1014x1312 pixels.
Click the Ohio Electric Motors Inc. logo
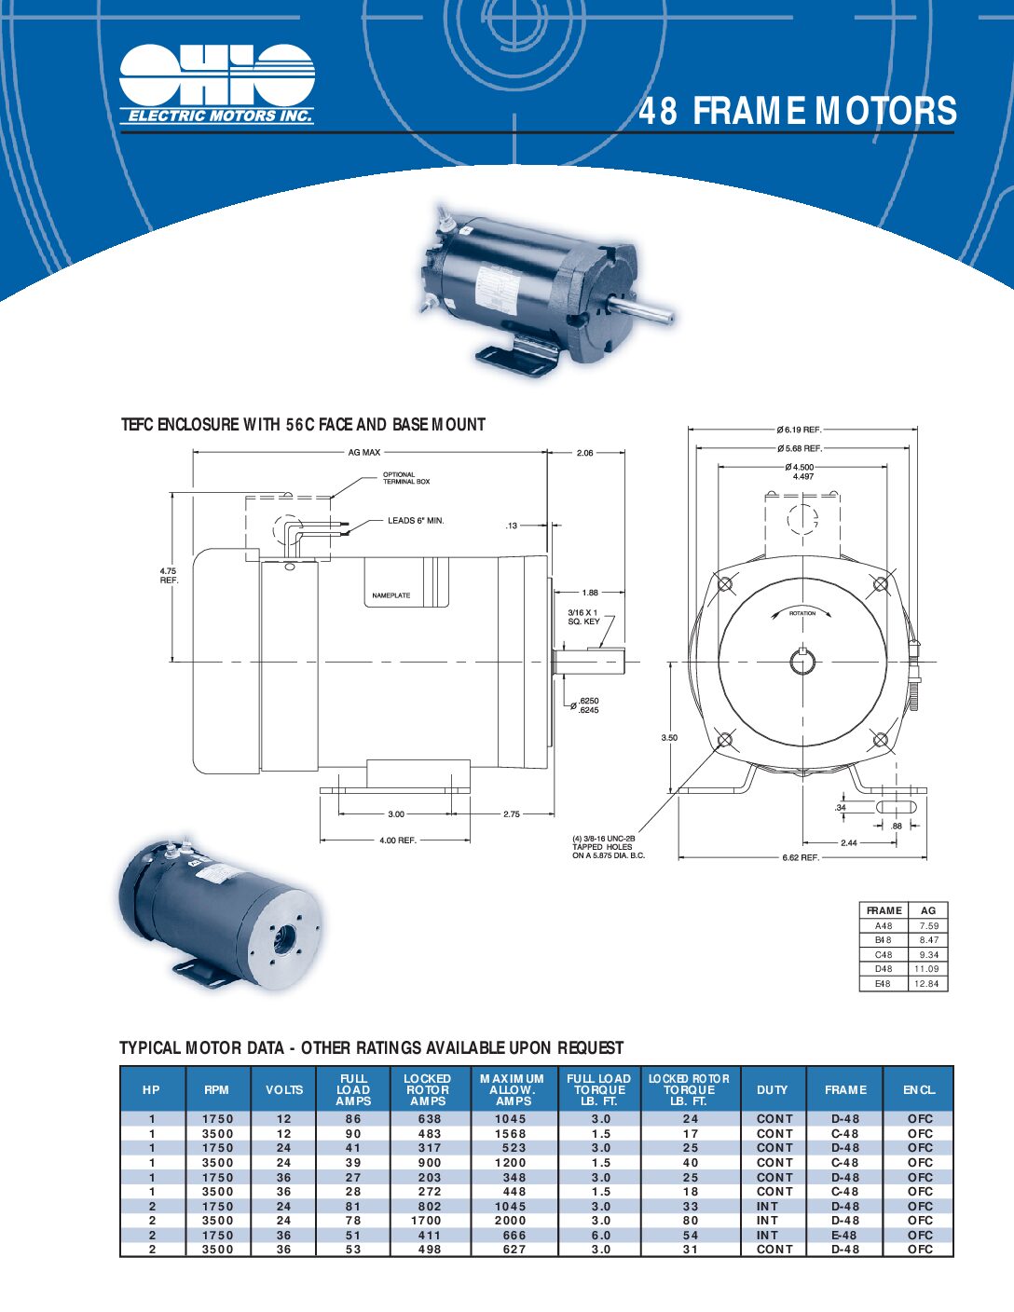click(x=216, y=84)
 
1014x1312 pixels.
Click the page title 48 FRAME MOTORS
click(x=797, y=111)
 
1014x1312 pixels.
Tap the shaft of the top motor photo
click(x=642, y=310)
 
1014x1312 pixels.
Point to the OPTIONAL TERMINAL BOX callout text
click(x=406, y=478)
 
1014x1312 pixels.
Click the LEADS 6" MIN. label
click(x=416, y=521)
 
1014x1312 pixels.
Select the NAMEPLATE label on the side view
click(x=391, y=595)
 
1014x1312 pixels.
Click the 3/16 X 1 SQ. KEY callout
click(x=583, y=617)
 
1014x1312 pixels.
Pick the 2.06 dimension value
click(x=584, y=453)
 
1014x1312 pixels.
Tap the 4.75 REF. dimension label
click(x=168, y=575)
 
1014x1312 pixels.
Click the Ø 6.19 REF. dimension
click(x=799, y=430)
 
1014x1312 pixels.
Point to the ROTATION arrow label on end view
click(x=802, y=613)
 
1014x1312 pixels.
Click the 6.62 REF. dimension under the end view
click(x=800, y=857)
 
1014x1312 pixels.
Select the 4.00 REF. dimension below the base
click(x=397, y=840)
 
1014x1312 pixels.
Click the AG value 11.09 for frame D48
click(x=926, y=969)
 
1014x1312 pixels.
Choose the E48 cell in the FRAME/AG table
click(x=883, y=984)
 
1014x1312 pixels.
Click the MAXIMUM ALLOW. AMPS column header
click(x=513, y=1089)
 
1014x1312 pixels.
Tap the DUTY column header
click(x=772, y=1089)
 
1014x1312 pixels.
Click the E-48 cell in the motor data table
click(x=844, y=1235)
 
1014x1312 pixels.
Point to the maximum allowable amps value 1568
click(x=511, y=1134)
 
